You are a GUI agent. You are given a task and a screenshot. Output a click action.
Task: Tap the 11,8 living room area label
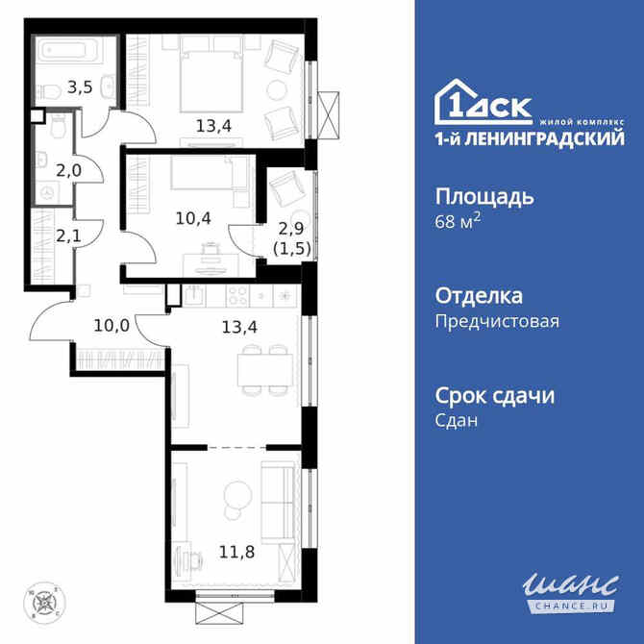coord(210,551)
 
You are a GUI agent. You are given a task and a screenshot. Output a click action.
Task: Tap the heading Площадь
coord(484,197)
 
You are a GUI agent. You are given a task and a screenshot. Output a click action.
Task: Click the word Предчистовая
coord(497,322)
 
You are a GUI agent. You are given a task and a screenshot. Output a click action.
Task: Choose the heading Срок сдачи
coord(496,395)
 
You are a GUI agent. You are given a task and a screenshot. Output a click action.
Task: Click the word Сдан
coord(458,421)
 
